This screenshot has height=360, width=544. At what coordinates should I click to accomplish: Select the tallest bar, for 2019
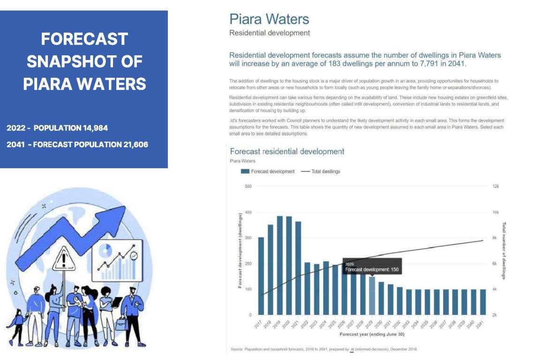point(280,265)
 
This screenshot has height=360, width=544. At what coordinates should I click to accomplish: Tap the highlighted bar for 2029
point(372,295)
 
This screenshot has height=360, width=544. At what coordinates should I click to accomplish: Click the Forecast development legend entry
point(268,172)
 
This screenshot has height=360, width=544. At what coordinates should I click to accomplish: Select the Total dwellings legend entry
point(321,172)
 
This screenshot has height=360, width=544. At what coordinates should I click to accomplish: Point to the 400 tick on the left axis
point(248,212)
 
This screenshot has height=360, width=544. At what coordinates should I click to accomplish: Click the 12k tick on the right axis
point(495,187)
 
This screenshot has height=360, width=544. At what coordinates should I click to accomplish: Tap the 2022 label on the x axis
point(305,324)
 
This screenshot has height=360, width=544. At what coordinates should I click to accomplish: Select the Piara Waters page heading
point(269,19)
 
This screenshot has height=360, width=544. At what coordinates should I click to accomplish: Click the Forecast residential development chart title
point(287,151)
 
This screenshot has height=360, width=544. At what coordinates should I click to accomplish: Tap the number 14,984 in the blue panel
point(97,128)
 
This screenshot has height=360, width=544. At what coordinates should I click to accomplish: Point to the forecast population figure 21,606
point(132,144)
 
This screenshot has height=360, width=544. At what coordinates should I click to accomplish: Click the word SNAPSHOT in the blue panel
point(84,61)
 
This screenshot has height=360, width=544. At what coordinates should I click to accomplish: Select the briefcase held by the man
point(122,323)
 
